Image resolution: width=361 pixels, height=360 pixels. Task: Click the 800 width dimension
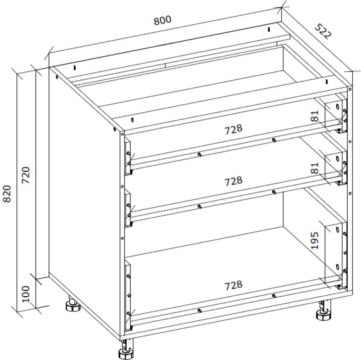coord(162,20)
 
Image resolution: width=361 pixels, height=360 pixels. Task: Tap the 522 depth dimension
coord(322,32)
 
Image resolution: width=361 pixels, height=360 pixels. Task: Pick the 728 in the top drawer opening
coord(233,129)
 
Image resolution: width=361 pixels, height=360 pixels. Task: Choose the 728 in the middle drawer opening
coord(233,181)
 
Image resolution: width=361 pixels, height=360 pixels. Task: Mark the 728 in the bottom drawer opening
coord(233,285)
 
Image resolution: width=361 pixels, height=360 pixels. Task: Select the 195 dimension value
coord(315,240)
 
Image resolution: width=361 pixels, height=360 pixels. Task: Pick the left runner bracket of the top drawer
coord(128,158)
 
